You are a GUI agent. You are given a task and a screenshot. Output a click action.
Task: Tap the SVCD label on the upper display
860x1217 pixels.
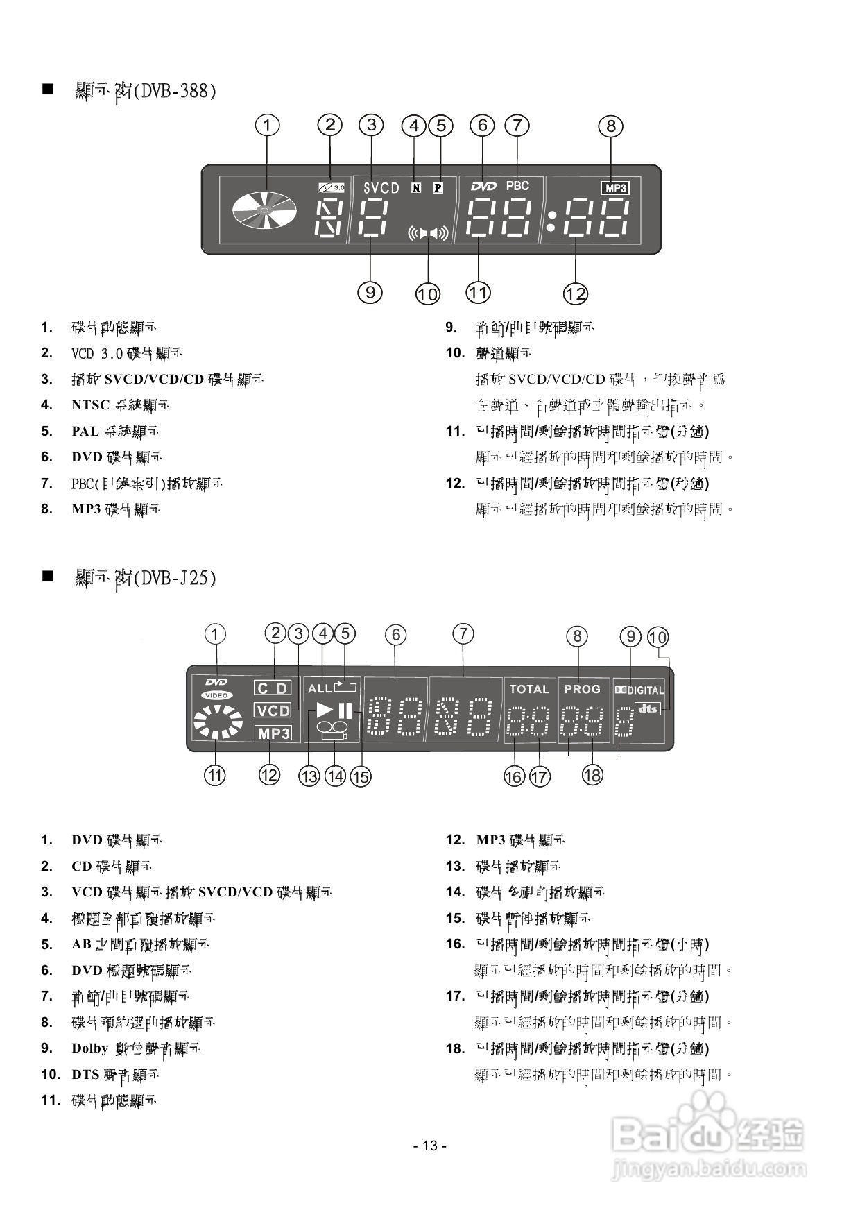pos(381,188)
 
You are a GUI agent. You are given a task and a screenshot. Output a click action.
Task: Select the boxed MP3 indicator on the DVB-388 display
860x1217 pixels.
pos(615,188)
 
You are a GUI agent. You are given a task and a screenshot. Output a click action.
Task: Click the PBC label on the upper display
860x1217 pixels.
pos(517,186)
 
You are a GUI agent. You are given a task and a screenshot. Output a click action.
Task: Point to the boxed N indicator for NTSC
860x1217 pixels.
pos(415,187)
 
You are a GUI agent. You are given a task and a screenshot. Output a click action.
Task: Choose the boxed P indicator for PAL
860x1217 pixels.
pos(438,187)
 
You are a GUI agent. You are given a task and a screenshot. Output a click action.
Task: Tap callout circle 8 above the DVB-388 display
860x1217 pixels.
pos(611,126)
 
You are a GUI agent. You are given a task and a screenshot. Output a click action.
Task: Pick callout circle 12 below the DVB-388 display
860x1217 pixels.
pos(576,294)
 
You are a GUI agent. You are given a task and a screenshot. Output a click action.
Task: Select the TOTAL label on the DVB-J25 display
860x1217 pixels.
pos(529,689)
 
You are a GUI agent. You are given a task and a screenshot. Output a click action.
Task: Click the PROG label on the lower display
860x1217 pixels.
pos(582,689)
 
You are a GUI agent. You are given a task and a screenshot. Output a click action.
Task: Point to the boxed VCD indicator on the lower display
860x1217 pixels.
pos(273,711)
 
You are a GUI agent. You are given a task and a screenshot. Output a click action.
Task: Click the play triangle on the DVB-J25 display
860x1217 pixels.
pos(325,710)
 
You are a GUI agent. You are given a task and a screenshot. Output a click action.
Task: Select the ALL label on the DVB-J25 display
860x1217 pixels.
pos(320,689)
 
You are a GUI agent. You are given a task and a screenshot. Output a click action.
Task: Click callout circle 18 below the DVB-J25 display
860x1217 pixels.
pos(592,775)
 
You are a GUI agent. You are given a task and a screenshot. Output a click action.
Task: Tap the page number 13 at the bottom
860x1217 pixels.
pos(430,1146)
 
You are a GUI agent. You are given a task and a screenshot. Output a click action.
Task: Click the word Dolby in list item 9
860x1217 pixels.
pos(89,1048)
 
